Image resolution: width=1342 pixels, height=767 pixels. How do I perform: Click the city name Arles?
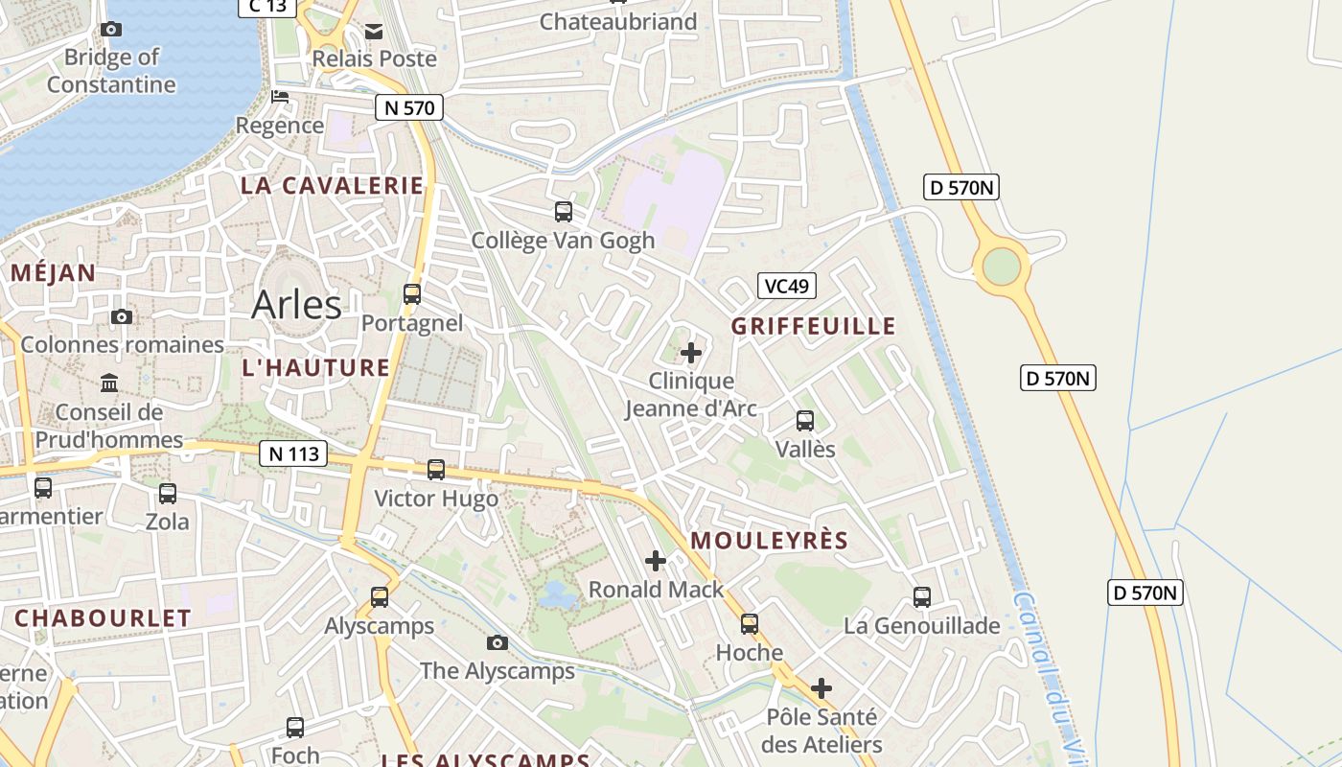pyautogui.click(x=296, y=304)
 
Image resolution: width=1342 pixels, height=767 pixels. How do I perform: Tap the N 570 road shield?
pyautogui.click(x=409, y=107)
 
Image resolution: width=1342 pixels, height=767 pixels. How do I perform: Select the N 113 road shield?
pyautogui.click(x=293, y=453)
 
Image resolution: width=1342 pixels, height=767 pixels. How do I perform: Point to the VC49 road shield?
pyautogui.click(x=786, y=285)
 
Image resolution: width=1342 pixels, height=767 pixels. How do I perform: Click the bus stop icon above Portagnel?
pyautogui.click(x=412, y=294)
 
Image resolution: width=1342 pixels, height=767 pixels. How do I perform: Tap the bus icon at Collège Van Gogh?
pyautogui.click(x=564, y=212)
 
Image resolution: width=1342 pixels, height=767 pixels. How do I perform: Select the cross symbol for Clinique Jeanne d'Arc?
pyautogui.click(x=690, y=353)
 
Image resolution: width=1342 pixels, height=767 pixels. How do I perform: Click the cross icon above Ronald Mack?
pyautogui.click(x=656, y=561)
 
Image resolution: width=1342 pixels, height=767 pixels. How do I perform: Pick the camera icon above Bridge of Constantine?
pyautogui.click(x=111, y=29)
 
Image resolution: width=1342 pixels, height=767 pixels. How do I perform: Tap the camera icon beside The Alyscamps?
pyautogui.click(x=497, y=642)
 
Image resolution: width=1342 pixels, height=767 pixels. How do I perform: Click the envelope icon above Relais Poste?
pyautogui.click(x=374, y=31)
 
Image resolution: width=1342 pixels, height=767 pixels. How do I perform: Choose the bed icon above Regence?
pyautogui.click(x=280, y=97)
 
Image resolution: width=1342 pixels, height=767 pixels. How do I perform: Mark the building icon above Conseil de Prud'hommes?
pyautogui.click(x=109, y=383)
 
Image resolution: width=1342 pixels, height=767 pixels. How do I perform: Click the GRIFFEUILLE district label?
pyautogui.click(x=814, y=326)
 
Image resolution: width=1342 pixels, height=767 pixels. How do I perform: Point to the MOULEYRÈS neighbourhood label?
pyautogui.click(x=770, y=541)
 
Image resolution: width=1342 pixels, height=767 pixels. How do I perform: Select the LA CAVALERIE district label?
pyautogui.click(x=332, y=186)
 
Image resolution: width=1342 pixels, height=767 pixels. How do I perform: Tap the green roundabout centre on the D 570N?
pyautogui.click(x=1001, y=266)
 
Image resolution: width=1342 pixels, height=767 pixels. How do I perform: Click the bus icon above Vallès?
pyautogui.click(x=805, y=420)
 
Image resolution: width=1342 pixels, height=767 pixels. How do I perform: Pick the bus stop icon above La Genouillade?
pyautogui.click(x=922, y=597)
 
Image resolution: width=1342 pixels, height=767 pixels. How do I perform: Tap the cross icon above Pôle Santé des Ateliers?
pyautogui.click(x=821, y=687)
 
